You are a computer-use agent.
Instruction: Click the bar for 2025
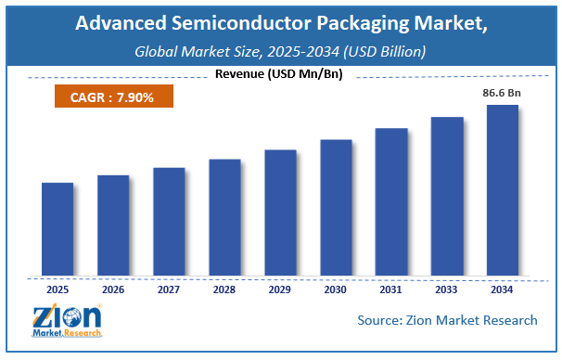coord(57,229)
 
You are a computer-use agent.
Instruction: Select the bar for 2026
coord(113,225)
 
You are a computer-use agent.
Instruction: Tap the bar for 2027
coord(169,222)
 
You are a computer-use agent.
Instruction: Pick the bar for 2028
coord(224,217)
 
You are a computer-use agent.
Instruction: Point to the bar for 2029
coord(280,212)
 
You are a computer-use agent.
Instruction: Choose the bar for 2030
coord(336,208)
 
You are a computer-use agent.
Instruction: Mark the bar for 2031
coord(391,202)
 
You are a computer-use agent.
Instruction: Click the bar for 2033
coord(447,197)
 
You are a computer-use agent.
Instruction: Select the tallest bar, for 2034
coord(503,190)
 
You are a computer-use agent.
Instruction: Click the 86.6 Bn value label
coord(502,94)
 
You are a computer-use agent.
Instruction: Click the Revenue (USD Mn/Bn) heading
coord(280,73)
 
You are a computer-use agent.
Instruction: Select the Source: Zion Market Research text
coord(447,320)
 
